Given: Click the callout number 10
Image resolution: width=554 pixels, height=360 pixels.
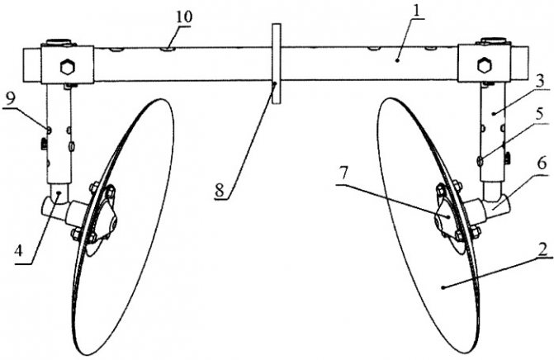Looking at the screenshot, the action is click(x=184, y=17).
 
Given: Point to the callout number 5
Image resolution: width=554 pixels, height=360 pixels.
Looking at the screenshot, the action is click(x=539, y=115).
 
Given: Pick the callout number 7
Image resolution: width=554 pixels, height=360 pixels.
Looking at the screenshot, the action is click(x=344, y=173).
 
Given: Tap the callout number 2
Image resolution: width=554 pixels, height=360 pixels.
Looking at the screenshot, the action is click(x=542, y=249).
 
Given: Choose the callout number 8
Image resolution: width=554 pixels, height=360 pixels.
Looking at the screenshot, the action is click(x=220, y=191).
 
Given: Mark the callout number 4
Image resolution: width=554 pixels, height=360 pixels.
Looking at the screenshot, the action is click(x=19, y=251).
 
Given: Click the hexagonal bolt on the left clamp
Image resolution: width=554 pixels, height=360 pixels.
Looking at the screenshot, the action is click(x=67, y=67).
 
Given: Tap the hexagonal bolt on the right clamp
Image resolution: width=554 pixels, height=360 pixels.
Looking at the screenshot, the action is click(x=484, y=65).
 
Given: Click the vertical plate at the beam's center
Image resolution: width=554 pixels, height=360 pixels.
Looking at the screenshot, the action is click(x=277, y=64).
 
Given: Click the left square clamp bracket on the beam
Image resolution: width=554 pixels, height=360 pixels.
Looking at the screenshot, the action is click(x=68, y=64).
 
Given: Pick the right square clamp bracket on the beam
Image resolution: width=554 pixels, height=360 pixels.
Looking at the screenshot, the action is click(x=484, y=63).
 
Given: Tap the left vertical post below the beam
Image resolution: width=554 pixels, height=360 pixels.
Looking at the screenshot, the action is click(x=59, y=134).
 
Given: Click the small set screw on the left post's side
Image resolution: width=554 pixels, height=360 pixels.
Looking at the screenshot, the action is click(x=44, y=144).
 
